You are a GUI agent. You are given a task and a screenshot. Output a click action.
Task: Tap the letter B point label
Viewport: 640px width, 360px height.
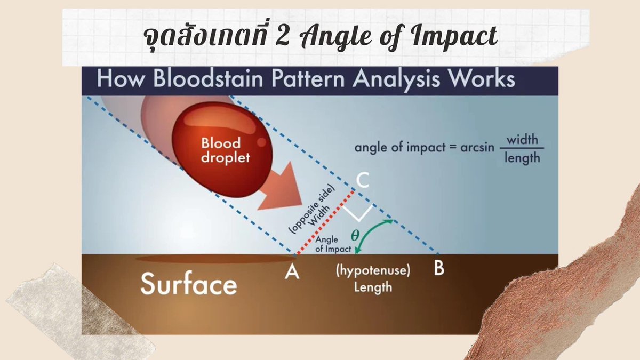point(438,269)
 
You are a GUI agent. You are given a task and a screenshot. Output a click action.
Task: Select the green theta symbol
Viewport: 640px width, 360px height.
point(354,234)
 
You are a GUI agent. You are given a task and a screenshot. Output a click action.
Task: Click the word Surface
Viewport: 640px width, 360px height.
point(188,285)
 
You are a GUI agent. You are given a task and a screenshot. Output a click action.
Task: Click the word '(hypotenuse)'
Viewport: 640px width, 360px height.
point(373,271)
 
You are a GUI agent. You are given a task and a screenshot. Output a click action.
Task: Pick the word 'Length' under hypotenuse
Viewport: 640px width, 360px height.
point(373,287)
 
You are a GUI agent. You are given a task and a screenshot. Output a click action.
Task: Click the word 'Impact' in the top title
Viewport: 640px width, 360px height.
point(454,36)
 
